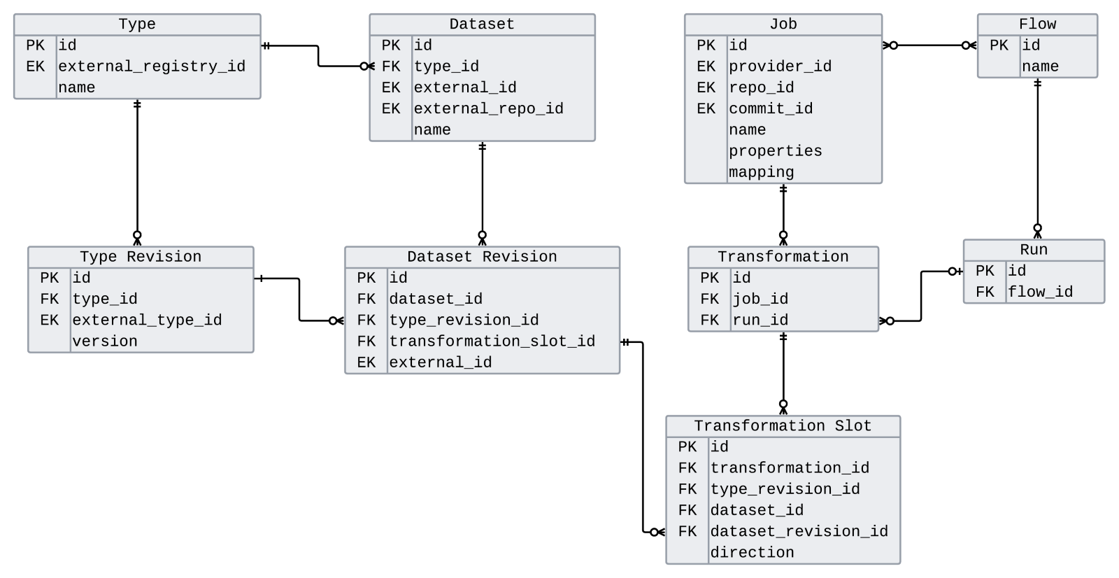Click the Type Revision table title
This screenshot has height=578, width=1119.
[x=141, y=257]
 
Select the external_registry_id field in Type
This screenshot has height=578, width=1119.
[x=152, y=66]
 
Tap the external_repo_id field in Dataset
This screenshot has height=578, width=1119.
[x=488, y=108]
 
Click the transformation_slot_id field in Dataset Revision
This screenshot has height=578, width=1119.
[x=492, y=341]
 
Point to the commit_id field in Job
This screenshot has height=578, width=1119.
[x=770, y=108]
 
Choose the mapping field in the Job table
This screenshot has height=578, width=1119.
[x=761, y=172]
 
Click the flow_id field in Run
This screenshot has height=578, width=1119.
[x=1040, y=292]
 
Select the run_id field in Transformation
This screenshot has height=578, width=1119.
[x=760, y=320]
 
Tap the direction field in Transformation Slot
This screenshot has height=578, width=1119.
[x=752, y=553]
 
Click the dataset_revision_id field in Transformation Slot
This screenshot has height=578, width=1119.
[x=799, y=532]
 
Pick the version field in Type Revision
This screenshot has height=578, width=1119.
[x=105, y=341]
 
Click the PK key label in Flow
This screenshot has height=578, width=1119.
[x=999, y=45]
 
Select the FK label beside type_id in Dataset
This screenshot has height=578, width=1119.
[x=391, y=66]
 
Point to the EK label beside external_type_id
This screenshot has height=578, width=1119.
[x=50, y=320]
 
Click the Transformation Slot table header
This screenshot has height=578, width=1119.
[x=783, y=426]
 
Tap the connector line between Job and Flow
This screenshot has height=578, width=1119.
[x=929, y=45]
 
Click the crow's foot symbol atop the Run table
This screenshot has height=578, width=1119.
[x=1037, y=232]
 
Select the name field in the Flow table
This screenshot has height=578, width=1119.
[x=1040, y=66]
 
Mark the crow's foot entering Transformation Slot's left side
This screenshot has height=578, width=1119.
[x=657, y=533]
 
